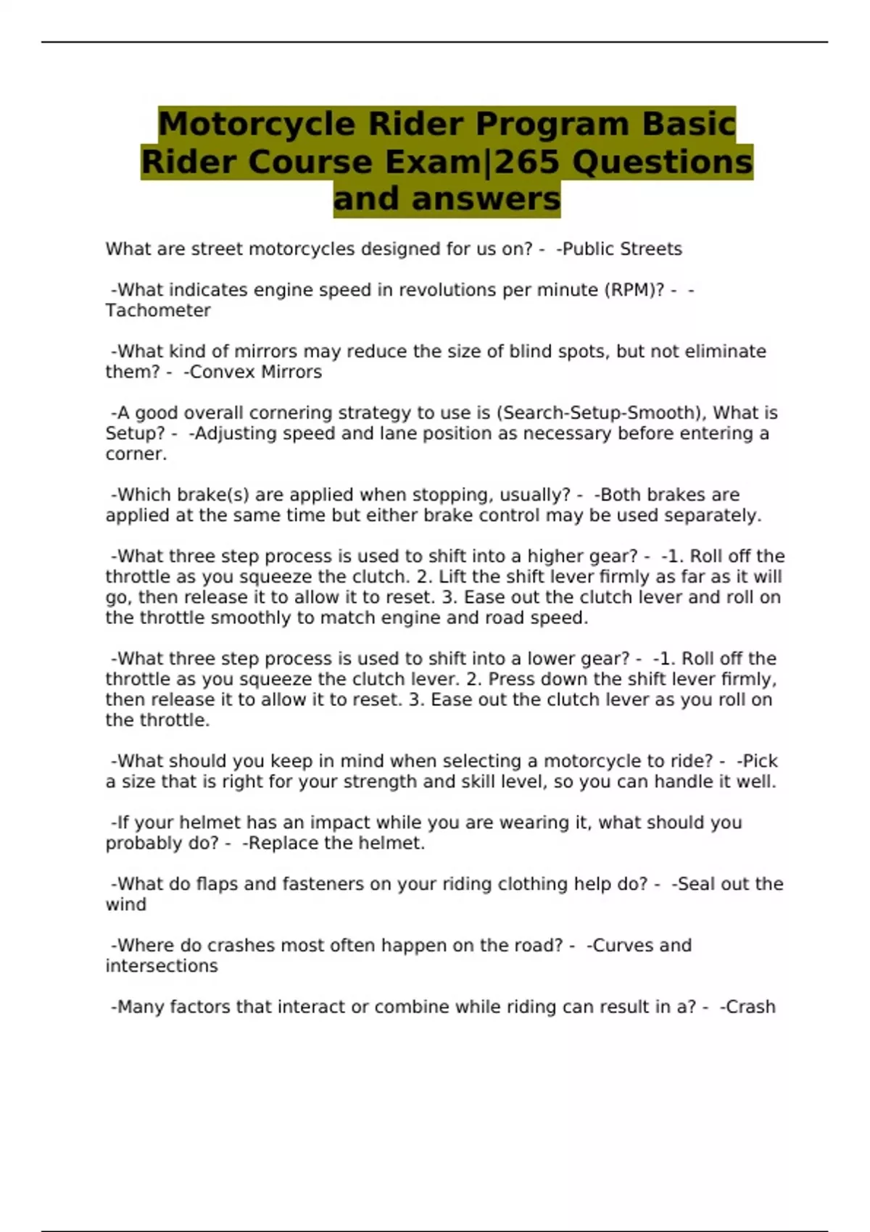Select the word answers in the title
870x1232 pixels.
pyautogui.click(x=486, y=199)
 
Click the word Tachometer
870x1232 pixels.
pyautogui.click(x=158, y=310)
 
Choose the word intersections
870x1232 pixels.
pyautogui.click(x=162, y=966)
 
